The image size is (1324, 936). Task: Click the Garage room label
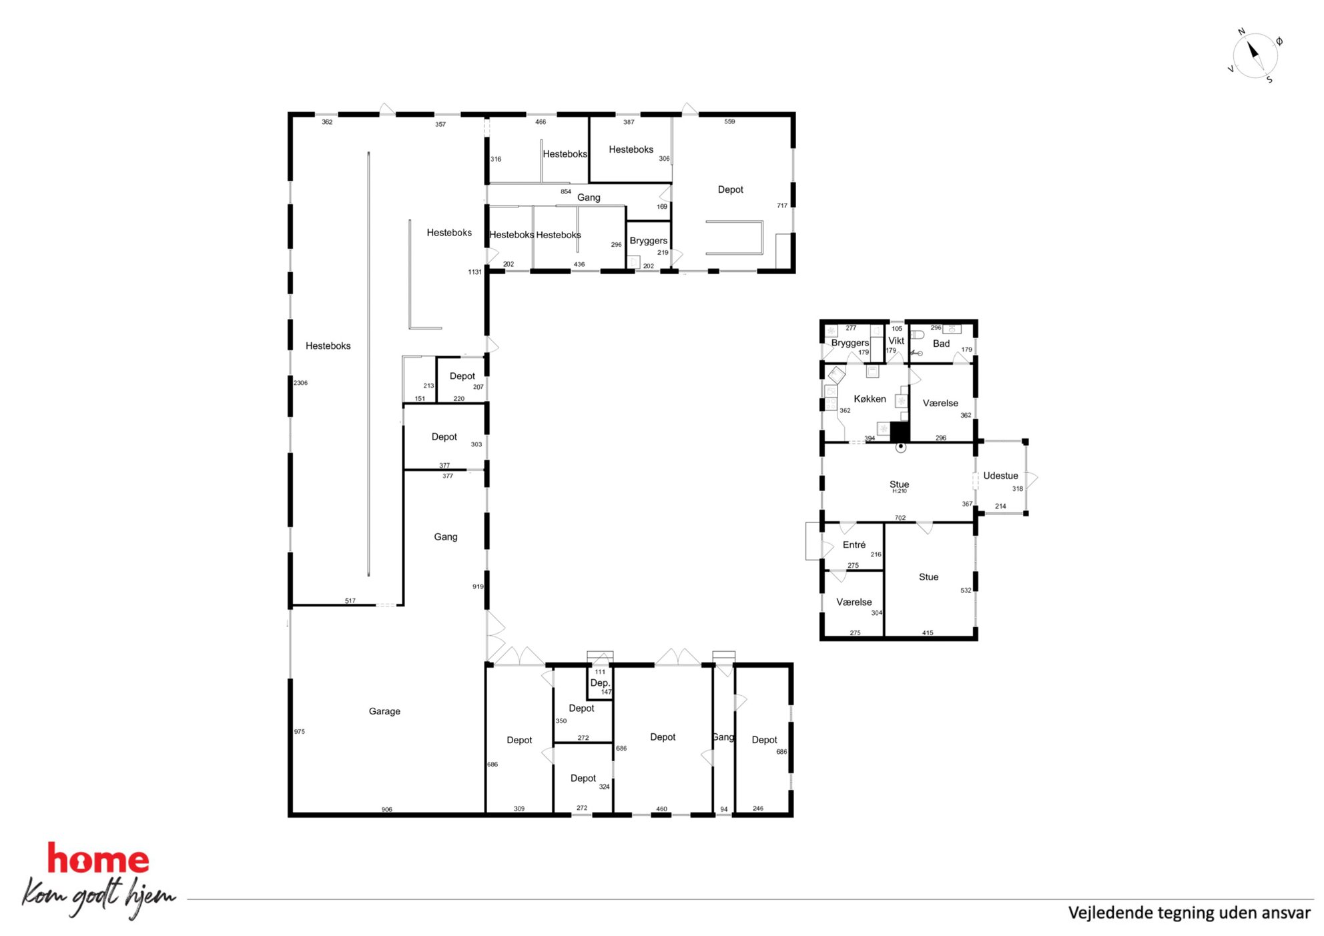(384, 711)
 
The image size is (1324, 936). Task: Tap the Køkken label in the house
(870, 399)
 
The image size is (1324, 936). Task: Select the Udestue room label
(1000, 476)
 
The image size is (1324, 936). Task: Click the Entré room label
(854, 545)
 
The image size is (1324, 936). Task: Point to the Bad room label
(941, 344)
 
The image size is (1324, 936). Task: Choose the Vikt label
(896, 341)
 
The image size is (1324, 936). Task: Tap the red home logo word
(98, 859)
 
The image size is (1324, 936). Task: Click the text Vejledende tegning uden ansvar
(1189, 913)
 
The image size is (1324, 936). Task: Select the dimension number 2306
(300, 383)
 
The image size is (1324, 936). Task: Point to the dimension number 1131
(474, 272)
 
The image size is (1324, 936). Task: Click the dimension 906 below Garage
(387, 809)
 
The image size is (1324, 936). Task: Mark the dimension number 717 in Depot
(782, 205)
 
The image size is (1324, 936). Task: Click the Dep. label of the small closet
(600, 683)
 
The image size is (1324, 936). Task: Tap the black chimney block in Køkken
(900, 432)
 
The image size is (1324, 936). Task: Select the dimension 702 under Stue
(900, 518)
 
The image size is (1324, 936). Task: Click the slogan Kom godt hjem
(99, 897)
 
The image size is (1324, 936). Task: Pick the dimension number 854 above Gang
(566, 191)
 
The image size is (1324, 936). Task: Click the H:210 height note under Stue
(900, 491)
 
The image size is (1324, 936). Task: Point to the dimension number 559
(729, 121)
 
